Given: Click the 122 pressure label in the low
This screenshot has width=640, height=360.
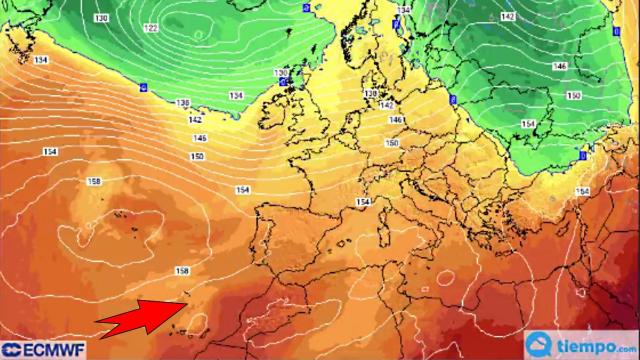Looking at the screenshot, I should coord(150,28).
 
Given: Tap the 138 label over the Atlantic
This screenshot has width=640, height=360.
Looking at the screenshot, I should coord(182,103).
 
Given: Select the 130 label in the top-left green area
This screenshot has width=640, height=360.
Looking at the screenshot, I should coord(101,19).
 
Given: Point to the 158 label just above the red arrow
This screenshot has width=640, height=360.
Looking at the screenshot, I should coord(181,271).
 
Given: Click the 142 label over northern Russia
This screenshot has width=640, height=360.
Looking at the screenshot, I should coord(507,17).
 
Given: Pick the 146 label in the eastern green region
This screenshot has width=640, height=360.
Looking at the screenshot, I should coord(560,67).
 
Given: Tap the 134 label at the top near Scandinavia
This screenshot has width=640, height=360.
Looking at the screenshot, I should coord(402,9).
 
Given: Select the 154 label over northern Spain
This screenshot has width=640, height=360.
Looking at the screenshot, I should coord(362,202).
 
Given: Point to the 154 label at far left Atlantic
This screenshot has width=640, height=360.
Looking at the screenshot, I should coord(49,151).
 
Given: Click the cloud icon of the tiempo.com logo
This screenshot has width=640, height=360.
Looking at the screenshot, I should coord(542,342).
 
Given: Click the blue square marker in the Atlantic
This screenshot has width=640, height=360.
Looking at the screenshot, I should coord(144,87).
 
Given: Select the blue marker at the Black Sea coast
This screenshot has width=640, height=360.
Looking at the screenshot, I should coord(584,156).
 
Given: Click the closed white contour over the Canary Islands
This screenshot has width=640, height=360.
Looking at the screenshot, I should coord(199,325).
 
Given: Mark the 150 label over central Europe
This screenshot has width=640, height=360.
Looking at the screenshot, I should coord(392,143).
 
